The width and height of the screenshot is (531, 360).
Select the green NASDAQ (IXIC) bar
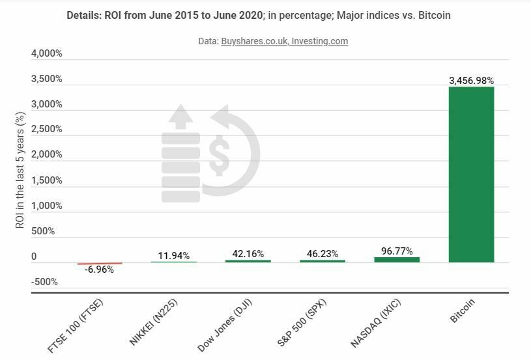tap(397, 260)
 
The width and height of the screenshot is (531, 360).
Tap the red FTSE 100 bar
tap(100, 264)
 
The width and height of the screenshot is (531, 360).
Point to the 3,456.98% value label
tap(471, 81)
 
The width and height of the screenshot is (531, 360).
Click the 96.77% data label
tap(396, 251)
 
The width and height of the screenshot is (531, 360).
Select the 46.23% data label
tap(322, 254)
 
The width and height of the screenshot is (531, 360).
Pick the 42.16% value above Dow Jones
tap(248, 254)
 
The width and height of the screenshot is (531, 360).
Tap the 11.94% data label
tap(173, 256)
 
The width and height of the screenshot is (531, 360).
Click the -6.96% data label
tap(99, 270)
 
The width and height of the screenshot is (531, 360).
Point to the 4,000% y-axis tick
tap(47, 53)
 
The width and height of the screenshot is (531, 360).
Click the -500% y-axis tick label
tap(45, 282)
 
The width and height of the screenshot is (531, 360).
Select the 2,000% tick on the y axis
tap(47, 155)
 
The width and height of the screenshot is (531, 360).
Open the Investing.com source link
tap(319, 41)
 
